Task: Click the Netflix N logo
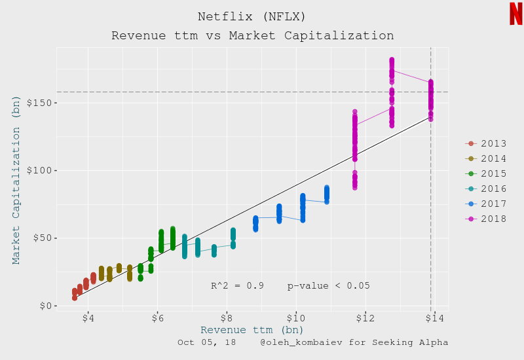[515, 14]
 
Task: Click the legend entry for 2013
[485, 143]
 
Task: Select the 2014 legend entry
[485, 158]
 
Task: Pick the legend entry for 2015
[485, 173]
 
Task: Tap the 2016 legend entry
[485, 189]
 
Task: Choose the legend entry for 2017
[485, 204]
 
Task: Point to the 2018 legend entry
[485, 219]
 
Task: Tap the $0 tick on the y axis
[46, 306]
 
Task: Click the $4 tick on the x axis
[88, 318]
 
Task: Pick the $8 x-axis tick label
[227, 318]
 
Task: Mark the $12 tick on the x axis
[365, 318]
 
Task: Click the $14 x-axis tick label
[434, 318]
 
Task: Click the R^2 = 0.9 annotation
[237, 286]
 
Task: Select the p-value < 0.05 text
[328, 286]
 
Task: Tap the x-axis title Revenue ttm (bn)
[252, 330]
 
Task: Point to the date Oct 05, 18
[207, 342]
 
